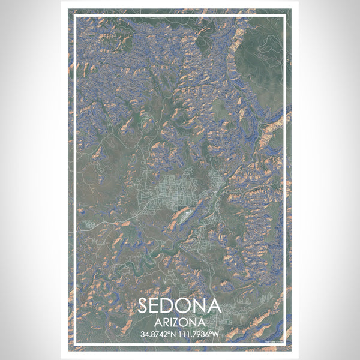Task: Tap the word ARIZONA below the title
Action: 180,322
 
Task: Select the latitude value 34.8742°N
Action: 158,334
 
